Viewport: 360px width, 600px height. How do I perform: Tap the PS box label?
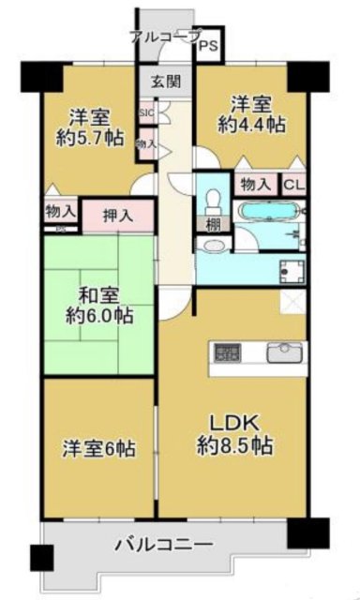click(208, 44)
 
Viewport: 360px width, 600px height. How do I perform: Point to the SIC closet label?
click(145, 114)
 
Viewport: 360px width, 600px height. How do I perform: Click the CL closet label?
click(293, 186)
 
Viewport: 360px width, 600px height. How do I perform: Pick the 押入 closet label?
click(116, 216)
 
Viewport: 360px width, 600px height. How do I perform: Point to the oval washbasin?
click(215, 246)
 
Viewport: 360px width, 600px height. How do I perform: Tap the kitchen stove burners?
click(227, 354)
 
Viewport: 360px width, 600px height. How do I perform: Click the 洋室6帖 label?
click(99, 448)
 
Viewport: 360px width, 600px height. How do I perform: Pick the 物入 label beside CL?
click(253, 186)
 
